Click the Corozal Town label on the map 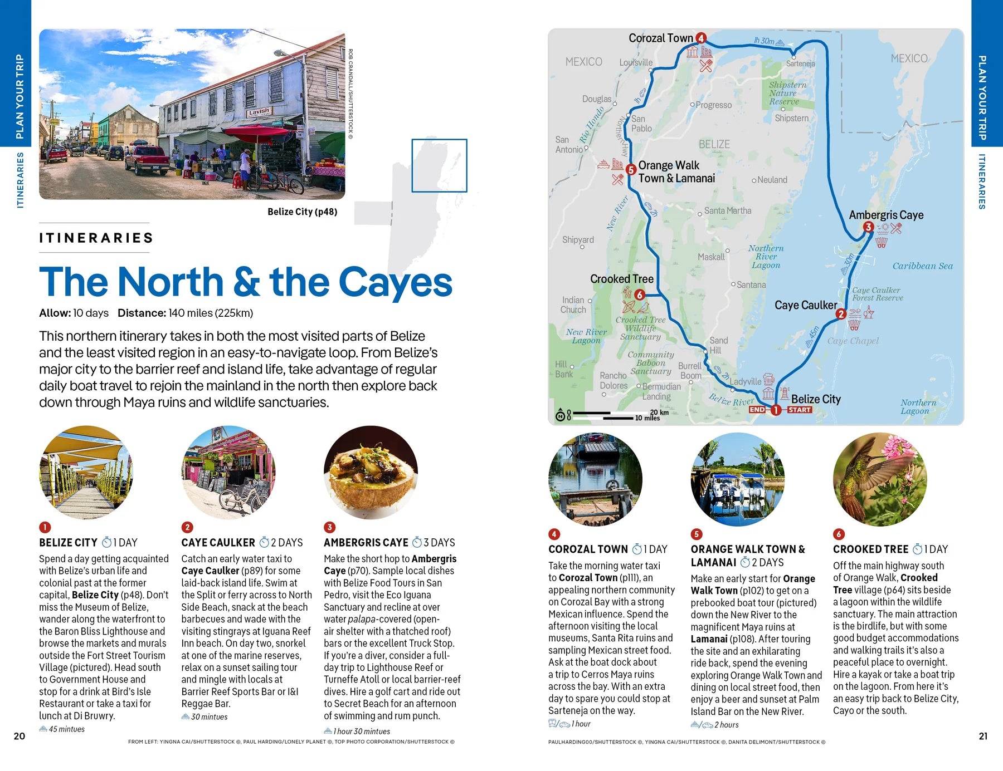click(660, 38)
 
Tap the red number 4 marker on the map click(701, 38)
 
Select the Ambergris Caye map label click(886, 215)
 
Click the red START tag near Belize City click(799, 410)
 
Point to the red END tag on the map click(757, 410)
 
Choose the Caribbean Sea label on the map click(922, 266)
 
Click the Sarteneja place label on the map click(800, 63)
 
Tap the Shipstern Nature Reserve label click(787, 93)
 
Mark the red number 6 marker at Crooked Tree click(639, 294)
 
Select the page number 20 click(20, 736)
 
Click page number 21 click(983, 736)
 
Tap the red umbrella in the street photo click(257, 134)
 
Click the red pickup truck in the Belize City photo click(146, 159)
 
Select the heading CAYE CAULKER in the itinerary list click(218, 543)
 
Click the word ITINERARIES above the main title click(96, 238)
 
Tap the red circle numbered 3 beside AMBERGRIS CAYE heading click(329, 527)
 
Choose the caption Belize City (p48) click(302, 212)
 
